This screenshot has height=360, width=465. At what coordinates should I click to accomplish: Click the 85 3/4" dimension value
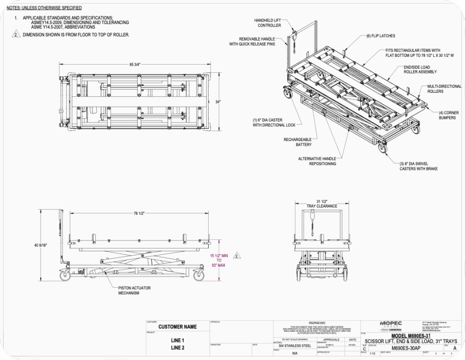click(x=135, y=65)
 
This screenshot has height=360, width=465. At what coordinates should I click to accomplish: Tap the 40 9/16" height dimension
click(x=41, y=246)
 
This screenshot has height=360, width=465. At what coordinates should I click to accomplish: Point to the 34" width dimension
click(x=218, y=102)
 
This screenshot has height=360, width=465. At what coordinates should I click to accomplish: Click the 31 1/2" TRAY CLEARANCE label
click(x=322, y=203)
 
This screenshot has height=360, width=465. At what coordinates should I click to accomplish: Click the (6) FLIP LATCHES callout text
click(x=381, y=36)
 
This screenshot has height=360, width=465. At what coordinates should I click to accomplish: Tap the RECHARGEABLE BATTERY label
click(x=297, y=142)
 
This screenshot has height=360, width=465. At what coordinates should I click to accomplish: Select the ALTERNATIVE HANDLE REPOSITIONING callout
click(x=317, y=161)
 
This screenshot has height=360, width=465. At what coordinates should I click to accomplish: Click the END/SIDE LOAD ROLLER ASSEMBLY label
click(x=420, y=70)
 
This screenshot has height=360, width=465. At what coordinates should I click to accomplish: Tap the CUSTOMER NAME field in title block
click(x=177, y=327)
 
